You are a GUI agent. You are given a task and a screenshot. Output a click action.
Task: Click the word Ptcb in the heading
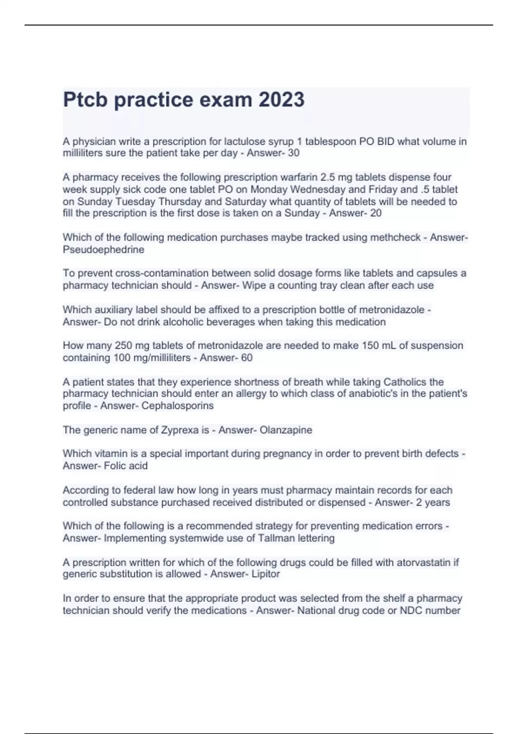(85, 100)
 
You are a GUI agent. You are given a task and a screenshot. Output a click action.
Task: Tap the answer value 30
(294, 153)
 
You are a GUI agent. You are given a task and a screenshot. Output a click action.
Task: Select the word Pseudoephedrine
(104, 250)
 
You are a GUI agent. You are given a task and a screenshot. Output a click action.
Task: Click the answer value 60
(247, 358)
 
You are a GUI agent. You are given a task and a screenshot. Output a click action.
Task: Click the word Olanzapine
(286, 430)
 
